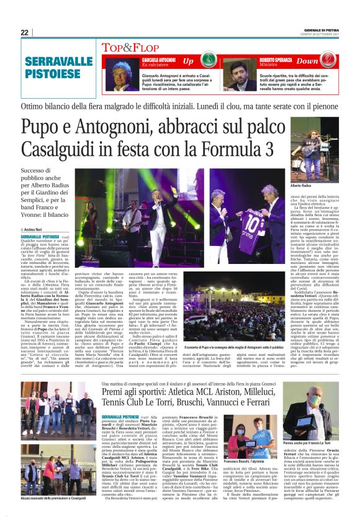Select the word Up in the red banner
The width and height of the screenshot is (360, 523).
point(188,61)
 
